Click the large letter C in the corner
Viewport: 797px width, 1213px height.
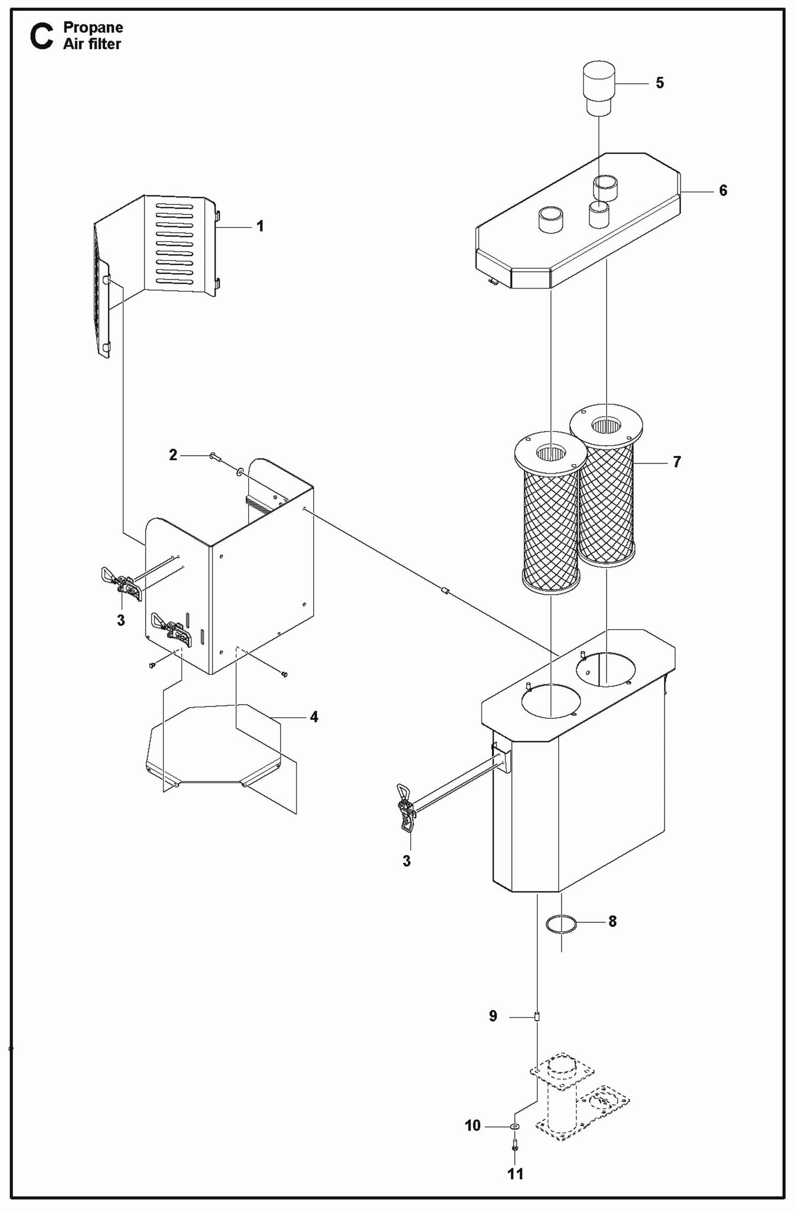click(x=42, y=37)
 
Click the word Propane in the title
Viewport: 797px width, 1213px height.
click(x=93, y=27)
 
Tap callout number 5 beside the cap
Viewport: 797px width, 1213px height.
click(x=660, y=83)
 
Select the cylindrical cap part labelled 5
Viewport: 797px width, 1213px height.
click(x=598, y=88)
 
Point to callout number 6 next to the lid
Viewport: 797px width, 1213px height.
click(x=723, y=190)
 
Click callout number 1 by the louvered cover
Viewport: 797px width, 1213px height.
click(x=260, y=226)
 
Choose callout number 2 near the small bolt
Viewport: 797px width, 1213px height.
click(x=173, y=455)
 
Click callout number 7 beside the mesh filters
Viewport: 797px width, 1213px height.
click(x=677, y=461)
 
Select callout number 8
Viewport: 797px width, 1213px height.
click(x=612, y=921)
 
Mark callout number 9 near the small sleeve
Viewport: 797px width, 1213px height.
click(x=493, y=1016)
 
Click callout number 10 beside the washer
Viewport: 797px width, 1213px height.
click(x=473, y=1125)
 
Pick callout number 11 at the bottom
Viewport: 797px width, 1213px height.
click(x=515, y=1174)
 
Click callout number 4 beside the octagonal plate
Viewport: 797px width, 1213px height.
click(x=314, y=717)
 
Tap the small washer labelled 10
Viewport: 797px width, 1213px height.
click(x=514, y=1126)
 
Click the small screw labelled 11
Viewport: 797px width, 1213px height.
click(x=515, y=1146)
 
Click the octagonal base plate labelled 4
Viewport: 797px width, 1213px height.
click(x=215, y=744)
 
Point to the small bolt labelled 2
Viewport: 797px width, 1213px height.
click(x=214, y=457)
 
